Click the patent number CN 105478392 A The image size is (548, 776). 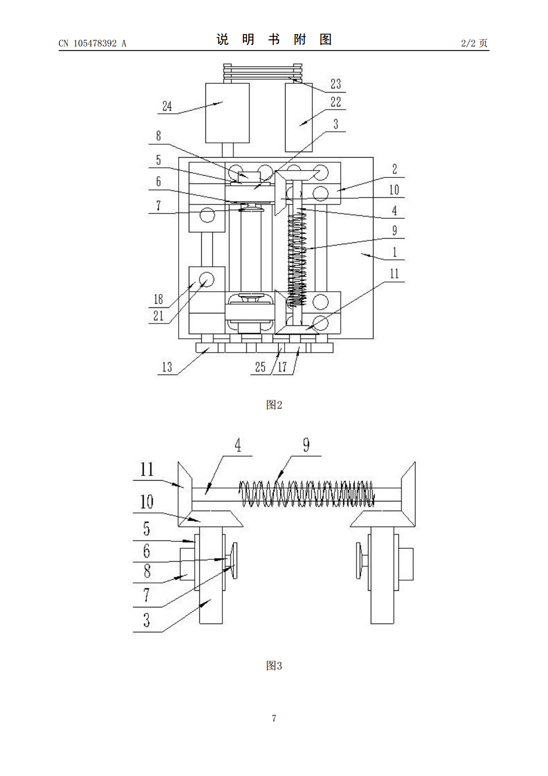(93, 43)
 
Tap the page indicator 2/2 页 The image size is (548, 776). (474, 43)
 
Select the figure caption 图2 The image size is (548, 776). (274, 405)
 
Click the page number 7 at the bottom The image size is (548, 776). (274, 718)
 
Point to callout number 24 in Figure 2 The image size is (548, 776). (167, 106)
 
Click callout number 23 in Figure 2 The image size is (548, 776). (336, 83)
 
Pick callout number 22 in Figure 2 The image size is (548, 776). (336, 102)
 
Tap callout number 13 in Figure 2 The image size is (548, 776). (167, 367)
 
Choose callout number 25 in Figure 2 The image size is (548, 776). (260, 367)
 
